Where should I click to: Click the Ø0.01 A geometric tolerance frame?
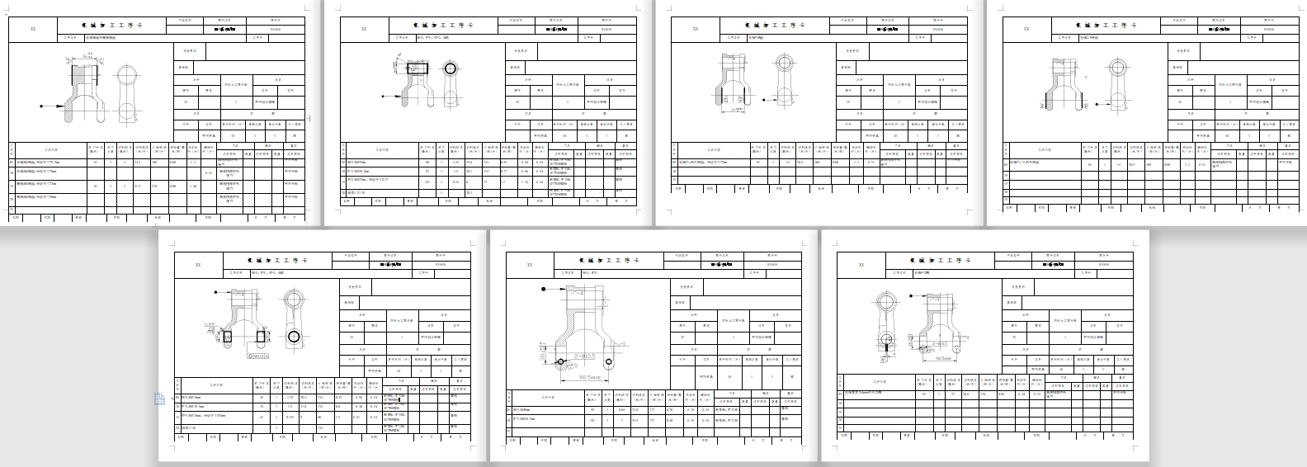tap(262, 357)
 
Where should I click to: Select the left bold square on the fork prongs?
tap(228, 337)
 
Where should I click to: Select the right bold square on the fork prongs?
tap(262, 337)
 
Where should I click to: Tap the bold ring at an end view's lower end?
tap(295, 336)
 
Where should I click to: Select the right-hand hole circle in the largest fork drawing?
tap(609, 361)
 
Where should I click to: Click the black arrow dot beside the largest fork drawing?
tap(544, 290)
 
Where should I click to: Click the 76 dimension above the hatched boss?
tap(89, 55)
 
